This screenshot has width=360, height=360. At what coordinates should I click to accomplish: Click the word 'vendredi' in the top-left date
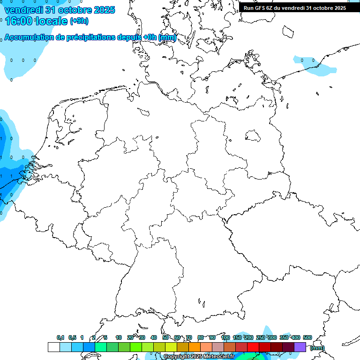(22, 10)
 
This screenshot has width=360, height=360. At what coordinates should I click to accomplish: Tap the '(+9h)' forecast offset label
(79, 21)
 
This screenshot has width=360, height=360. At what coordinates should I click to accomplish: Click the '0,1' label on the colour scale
(60, 337)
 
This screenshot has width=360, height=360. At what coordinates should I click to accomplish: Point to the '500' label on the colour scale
(307, 337)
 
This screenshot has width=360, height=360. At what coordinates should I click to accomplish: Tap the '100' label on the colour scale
(225, 337)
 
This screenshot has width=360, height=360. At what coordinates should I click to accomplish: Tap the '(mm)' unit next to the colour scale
(317, 348)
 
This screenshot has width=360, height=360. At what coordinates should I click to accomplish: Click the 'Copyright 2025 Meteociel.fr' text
(199, 356)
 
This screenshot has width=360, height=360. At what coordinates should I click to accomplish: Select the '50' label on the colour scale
(165, 337)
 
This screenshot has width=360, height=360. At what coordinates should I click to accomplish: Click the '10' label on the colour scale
(119, 337)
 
